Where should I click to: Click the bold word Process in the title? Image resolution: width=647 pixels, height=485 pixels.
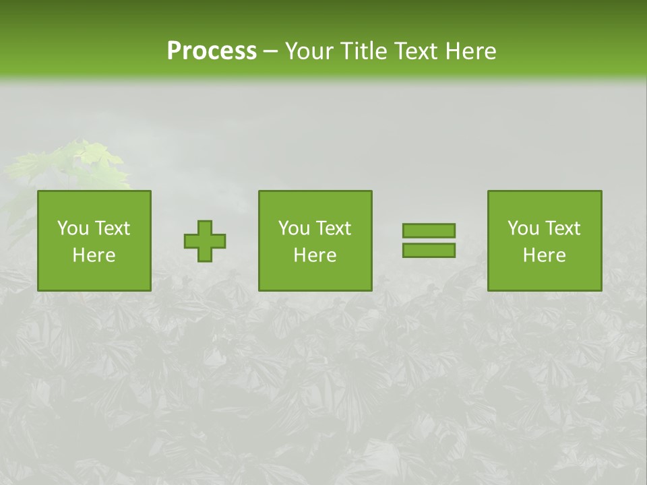tap(212, 51)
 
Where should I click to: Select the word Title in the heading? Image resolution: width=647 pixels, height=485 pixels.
tap(365, 51)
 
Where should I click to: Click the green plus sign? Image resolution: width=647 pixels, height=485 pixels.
tap(205, 241)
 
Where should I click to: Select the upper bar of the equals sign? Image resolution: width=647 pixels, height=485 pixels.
tap(429, 230)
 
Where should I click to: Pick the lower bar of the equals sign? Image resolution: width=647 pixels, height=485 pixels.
tap(429, 251)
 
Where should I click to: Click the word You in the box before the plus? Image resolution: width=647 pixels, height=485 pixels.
tap(73, 228)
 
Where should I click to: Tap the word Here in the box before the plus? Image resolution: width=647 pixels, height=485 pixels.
tap(94, 255)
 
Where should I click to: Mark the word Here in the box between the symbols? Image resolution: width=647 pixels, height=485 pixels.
tap(315, 255)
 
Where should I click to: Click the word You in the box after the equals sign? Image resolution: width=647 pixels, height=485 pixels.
tap(523, 228)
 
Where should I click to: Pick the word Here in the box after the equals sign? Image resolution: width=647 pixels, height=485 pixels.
tap(545, 255)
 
